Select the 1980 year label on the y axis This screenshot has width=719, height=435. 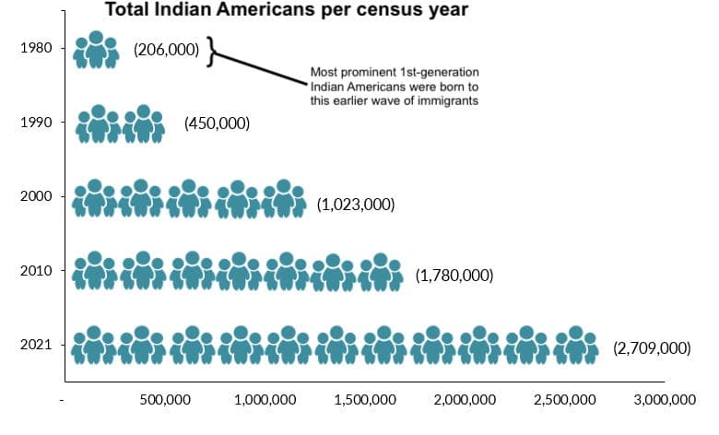[36, 48]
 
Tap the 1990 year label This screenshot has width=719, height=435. [36, 122]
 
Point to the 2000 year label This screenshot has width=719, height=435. [36, 196]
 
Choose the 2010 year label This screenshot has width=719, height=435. [36, 271]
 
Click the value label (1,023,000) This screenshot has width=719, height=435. [355, 204]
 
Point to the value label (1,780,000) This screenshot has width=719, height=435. [454, 275]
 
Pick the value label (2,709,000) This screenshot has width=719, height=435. [651, 347]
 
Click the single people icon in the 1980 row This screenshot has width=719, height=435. [97, 51]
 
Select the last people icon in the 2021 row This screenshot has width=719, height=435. [575, 346]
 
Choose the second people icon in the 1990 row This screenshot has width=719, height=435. [143, 124]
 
